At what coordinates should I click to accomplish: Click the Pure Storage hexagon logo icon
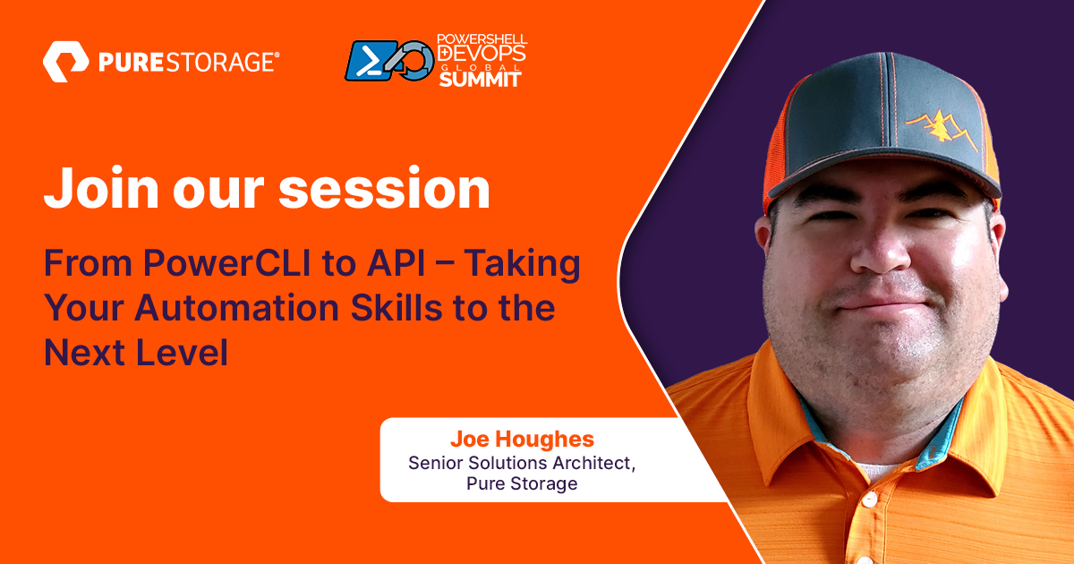click(x=64, y=62)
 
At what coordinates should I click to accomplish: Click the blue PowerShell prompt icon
click(x=368, y=61)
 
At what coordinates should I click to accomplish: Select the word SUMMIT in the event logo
click(x=479, y=79)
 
